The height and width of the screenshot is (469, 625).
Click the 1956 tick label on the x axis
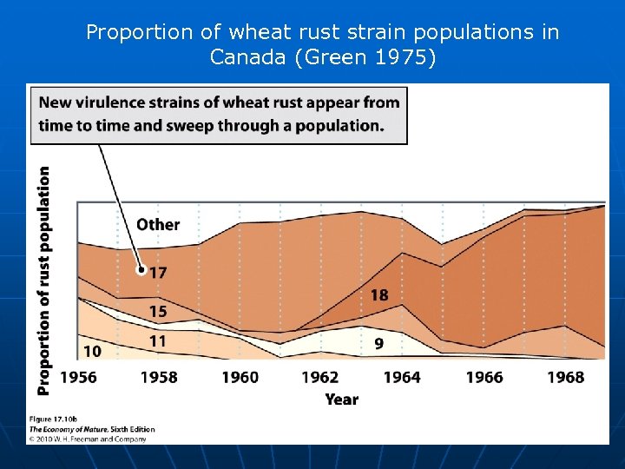[x=78, y=377]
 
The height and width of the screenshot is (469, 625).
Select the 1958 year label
[x=159, y=377]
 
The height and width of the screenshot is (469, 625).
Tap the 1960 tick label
[x=240, y=377]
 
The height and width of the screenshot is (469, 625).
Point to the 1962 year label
[x=320, y=377]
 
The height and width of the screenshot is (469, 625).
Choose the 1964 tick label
[x=401, y=377]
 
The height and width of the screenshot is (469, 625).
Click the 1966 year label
[x=484, y=377]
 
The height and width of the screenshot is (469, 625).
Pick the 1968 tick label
[x=565, y=377]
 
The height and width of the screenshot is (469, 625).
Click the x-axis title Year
[x=341, y=399]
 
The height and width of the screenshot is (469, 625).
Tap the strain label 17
[x=157, y=273]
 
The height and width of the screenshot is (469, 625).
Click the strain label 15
[x=158, y=311]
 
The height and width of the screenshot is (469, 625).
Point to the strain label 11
[x=157, y=341]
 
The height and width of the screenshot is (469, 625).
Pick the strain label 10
[x=92, y=351]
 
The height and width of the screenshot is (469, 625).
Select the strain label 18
[x=379, y=295]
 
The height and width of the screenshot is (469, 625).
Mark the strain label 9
[x=378, y=344]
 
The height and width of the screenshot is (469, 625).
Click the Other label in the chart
[x=158, y=224]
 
